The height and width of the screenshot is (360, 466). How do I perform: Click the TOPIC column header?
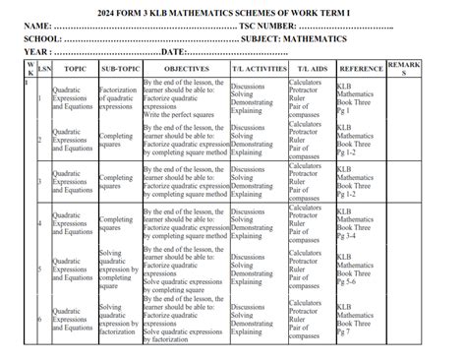[75, 70]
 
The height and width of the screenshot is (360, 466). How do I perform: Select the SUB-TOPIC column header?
[118, 70]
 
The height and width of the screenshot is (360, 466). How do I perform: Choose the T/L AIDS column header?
[311, 70]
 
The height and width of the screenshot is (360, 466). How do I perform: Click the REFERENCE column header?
[360, 70]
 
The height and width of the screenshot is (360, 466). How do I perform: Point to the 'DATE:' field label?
[173, 50]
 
